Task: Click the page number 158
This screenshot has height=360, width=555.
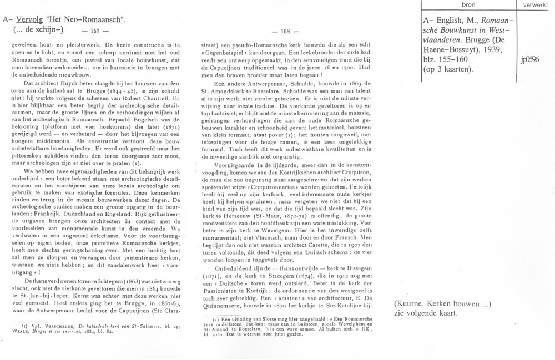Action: pyautogui.click(x=290, y=31)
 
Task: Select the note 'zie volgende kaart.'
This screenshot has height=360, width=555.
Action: pyautogui.click(x=425, y=313)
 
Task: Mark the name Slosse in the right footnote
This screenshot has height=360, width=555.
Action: pyautogui.click(x=269, y=321)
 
